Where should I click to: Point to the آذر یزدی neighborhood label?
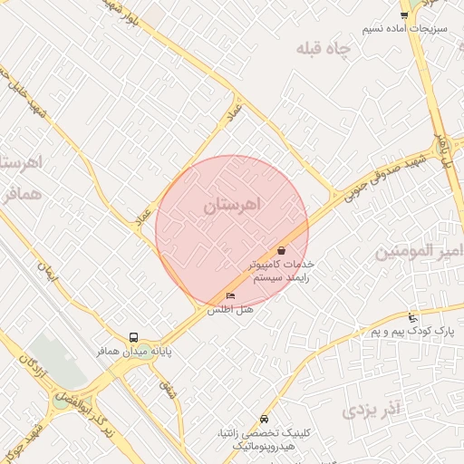point(372,411)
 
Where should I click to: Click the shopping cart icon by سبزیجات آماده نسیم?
point(404,15)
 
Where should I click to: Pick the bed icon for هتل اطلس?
point(230,296)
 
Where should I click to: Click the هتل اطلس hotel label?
point(230,310)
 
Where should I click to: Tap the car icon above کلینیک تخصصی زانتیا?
point(264,420)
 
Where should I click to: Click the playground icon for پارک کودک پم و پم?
point(413,317)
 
